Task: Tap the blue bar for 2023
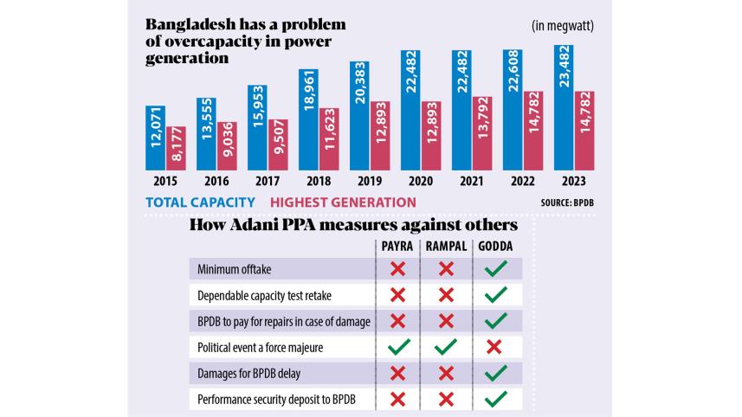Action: tap(564, 107)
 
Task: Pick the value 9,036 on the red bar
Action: tap(227, 145)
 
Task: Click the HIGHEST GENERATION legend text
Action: tap(343, 202)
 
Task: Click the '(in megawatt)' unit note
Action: tap(563, 26)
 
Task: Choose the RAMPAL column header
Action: tap(447, 247)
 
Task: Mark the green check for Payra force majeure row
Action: tap(397, 348)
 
